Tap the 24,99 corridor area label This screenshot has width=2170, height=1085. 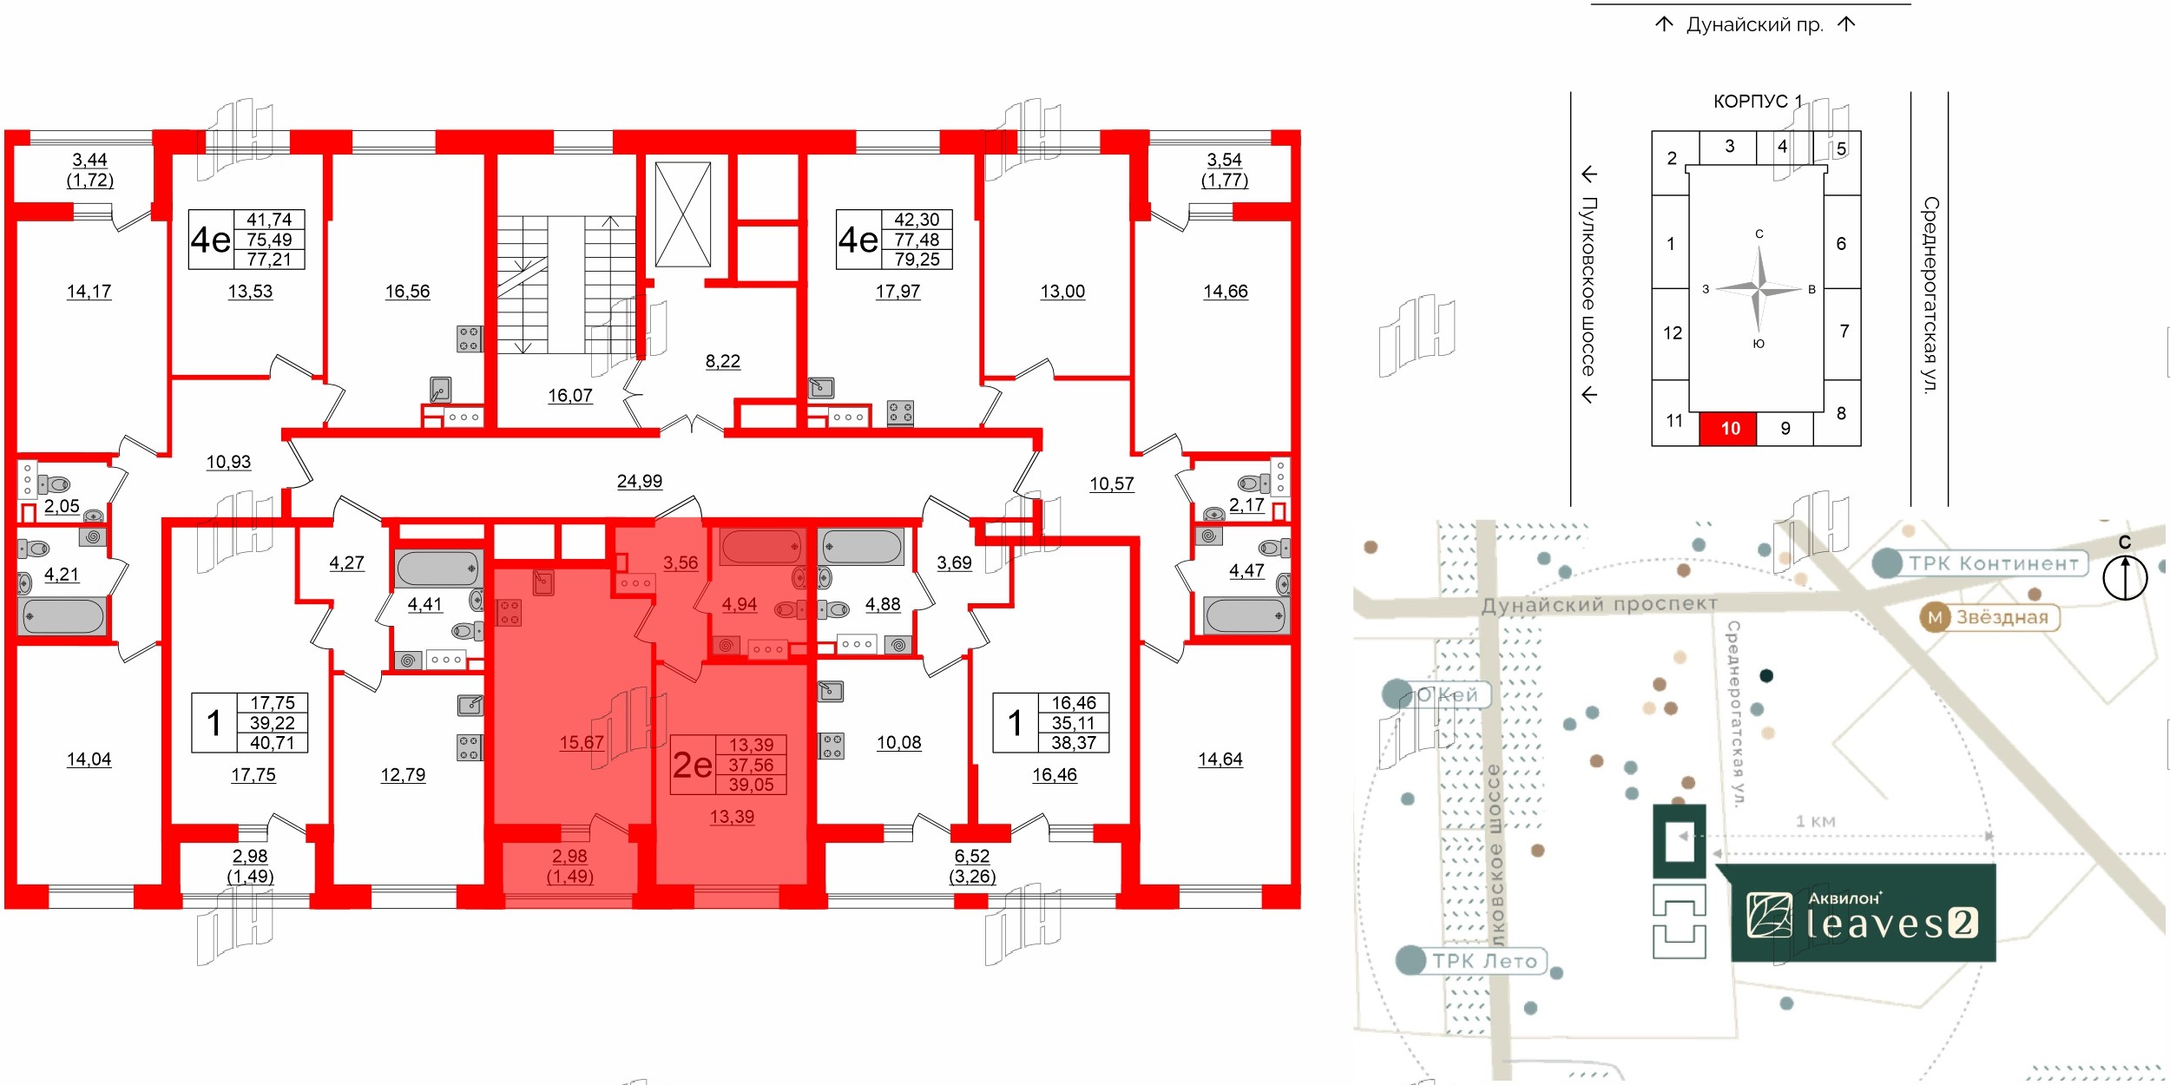click(x=640, y=481)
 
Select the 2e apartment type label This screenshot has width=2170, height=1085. click(x=693, y=765)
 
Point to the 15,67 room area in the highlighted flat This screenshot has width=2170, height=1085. click(x=582, y=742)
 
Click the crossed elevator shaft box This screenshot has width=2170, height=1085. click(x=683, y=214)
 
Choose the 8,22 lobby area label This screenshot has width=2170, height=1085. click(x=723, y=361)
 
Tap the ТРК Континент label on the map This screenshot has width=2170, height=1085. click(x=1993, y=563)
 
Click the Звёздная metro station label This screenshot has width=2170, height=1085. click(x=2002, y=617)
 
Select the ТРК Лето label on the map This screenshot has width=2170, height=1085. click(x=1484, y=961)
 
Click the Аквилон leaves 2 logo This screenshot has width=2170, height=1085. click(x=1863, y=914)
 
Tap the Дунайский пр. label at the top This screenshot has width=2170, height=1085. click(x=1754, y=24)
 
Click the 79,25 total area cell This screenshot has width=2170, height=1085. click(x=917, y=260)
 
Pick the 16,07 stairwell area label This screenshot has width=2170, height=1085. click(x=570, y=396)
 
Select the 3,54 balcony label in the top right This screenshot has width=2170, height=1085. click(x=1224, y=160)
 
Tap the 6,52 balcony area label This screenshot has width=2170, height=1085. click(x=972, y=857)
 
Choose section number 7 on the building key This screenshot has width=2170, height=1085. click(x=1844, y=331)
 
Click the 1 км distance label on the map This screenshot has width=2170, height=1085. click(x=1815, y=821)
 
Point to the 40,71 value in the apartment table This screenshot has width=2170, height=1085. click(x=273, y=743)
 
